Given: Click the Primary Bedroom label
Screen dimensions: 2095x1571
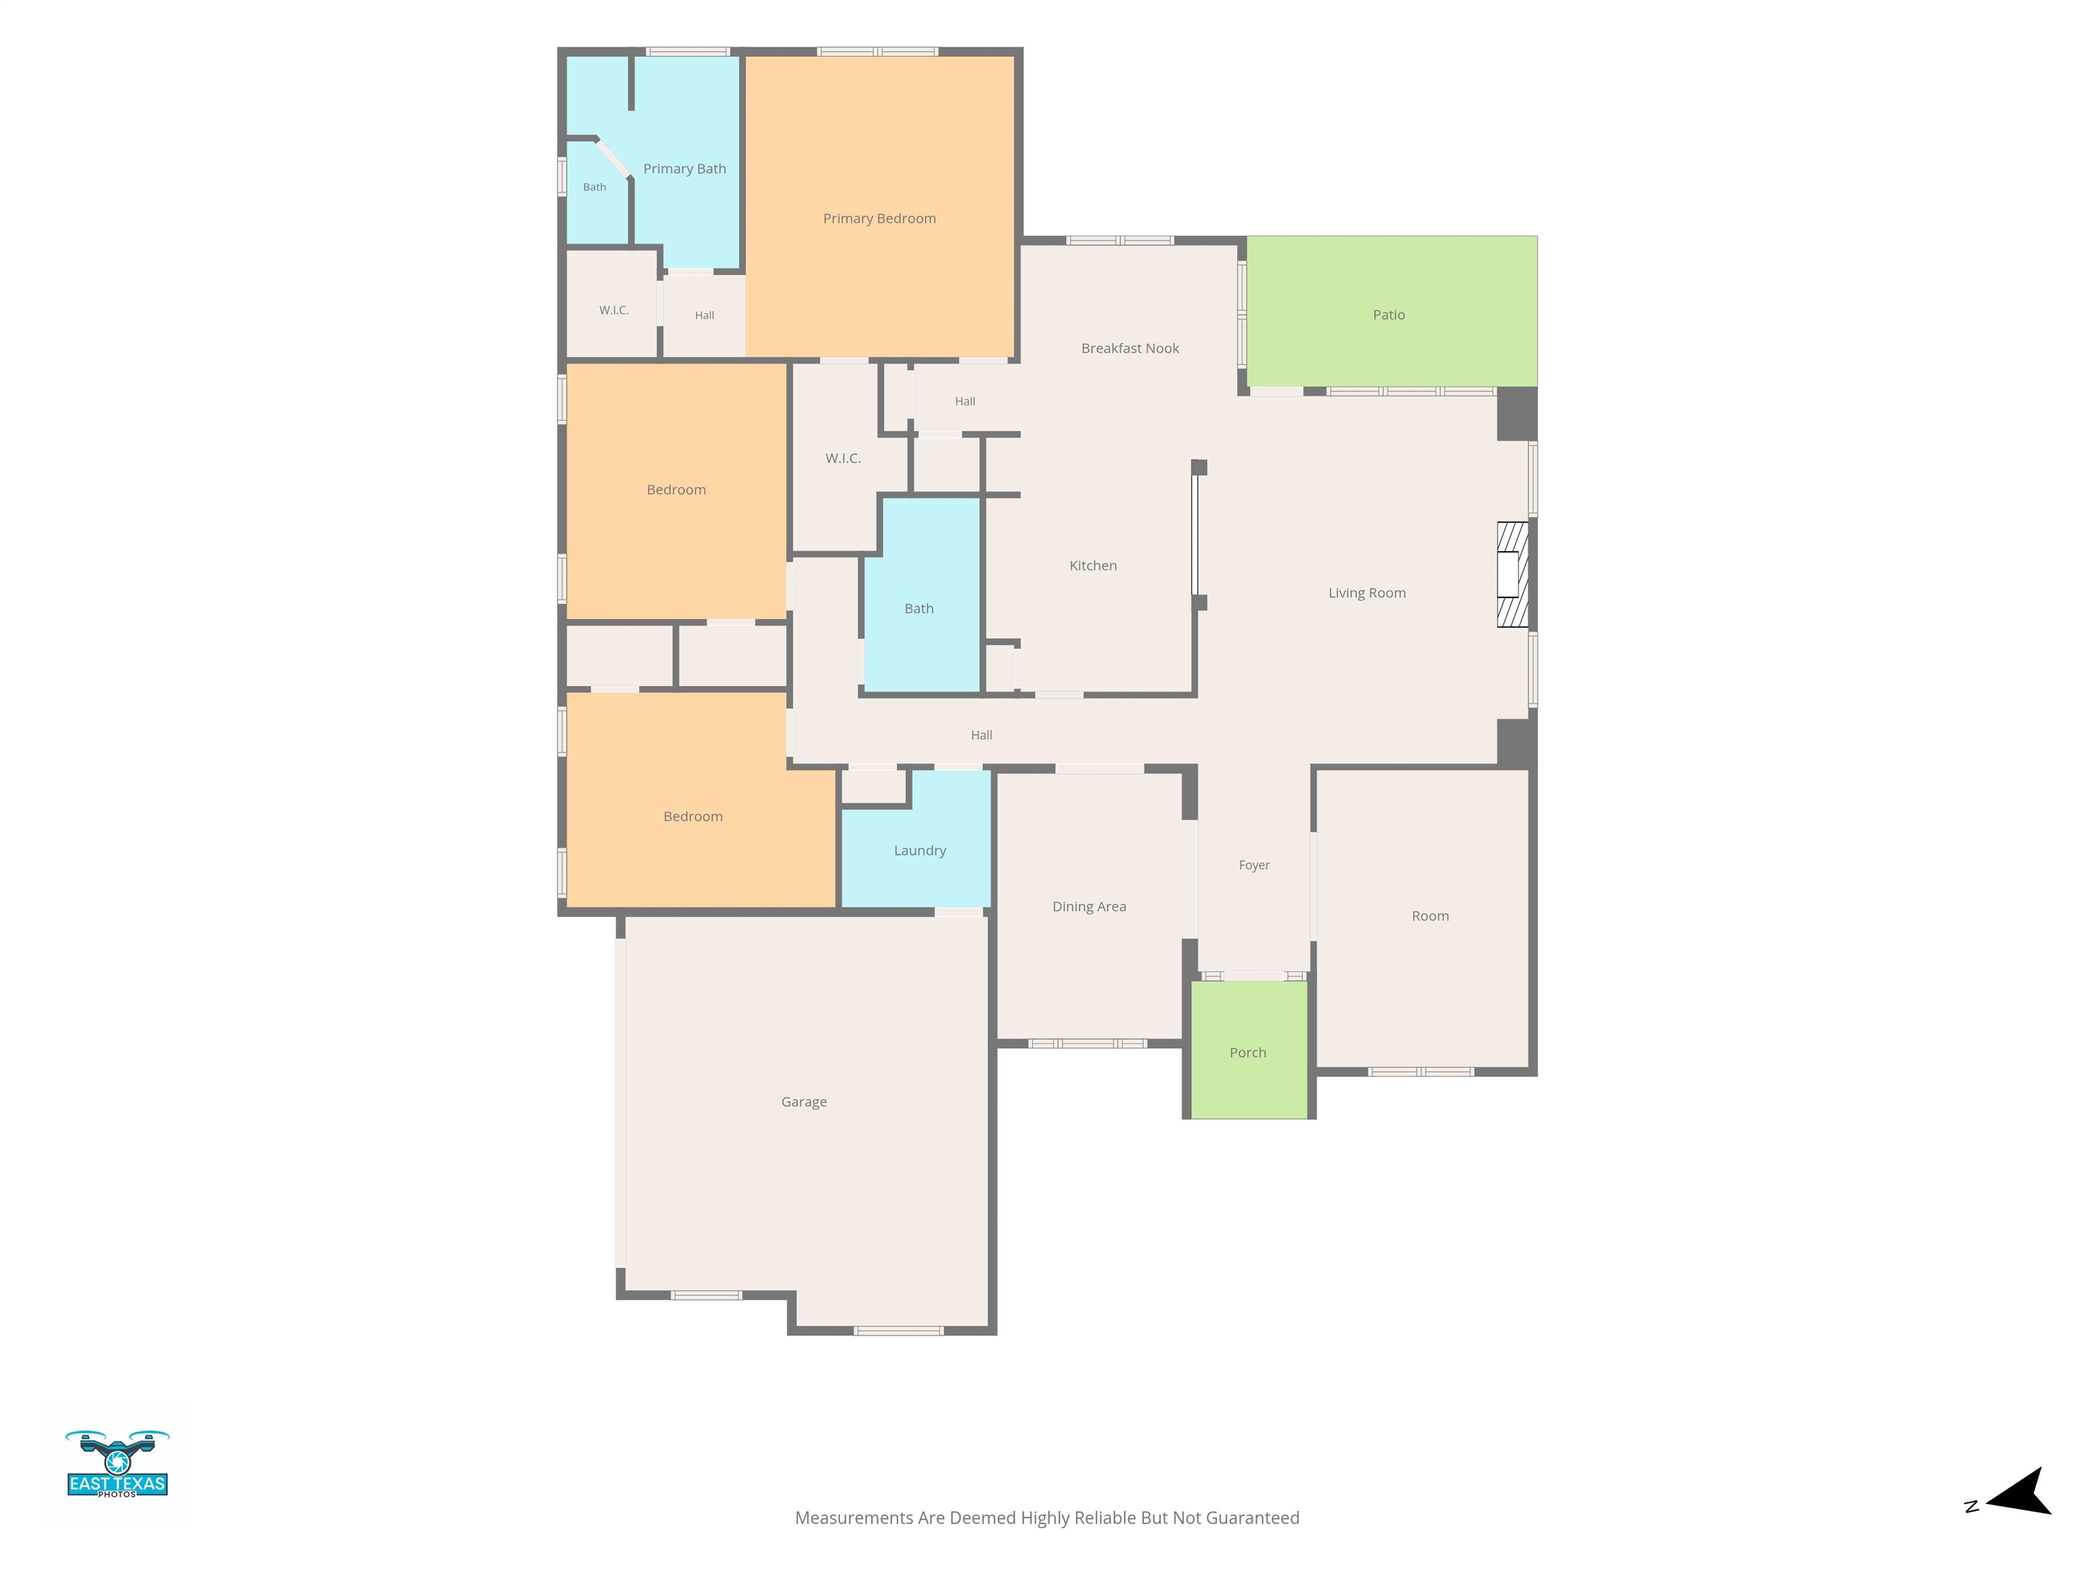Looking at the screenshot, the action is [x=879, y=219].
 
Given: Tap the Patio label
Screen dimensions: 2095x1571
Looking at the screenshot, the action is [x=1388, y=314].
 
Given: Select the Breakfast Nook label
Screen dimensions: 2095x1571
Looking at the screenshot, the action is [x=1130, y=348].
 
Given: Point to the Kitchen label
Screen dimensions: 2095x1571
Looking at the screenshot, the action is [x=1093, y=565].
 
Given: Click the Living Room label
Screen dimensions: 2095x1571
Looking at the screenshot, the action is [x=1367, y=593].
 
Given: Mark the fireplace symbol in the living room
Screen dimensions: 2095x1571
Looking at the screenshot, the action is [x=1512, y=574].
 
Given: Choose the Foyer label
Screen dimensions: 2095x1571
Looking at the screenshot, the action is [x=1254, y=865].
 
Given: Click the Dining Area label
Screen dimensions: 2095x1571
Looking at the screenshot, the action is [x=1089, y=906].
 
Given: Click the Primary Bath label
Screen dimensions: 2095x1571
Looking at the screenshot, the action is [x=685, y=168].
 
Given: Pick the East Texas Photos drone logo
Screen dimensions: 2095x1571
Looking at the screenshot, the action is [x=117, y=1463].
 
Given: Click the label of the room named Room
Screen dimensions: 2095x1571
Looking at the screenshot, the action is [x=1430, y=916].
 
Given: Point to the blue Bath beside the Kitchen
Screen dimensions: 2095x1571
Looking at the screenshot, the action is [x=921, y=595].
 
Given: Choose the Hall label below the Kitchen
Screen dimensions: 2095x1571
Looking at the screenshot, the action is [x=981, y=735].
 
